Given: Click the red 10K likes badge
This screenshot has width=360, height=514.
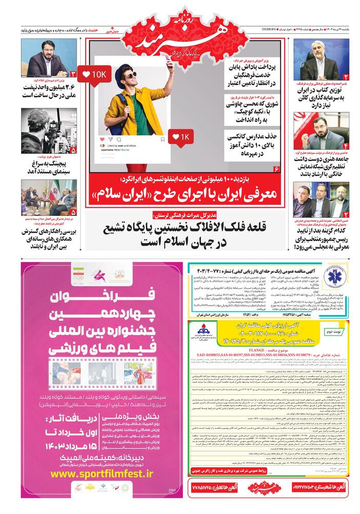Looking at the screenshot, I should tap(94, 75).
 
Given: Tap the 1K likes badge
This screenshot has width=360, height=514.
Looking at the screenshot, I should tap(181, 137).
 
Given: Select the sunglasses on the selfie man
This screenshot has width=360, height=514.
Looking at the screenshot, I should tap(130, 75).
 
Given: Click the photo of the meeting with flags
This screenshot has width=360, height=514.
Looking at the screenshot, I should tap(49, 197).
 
